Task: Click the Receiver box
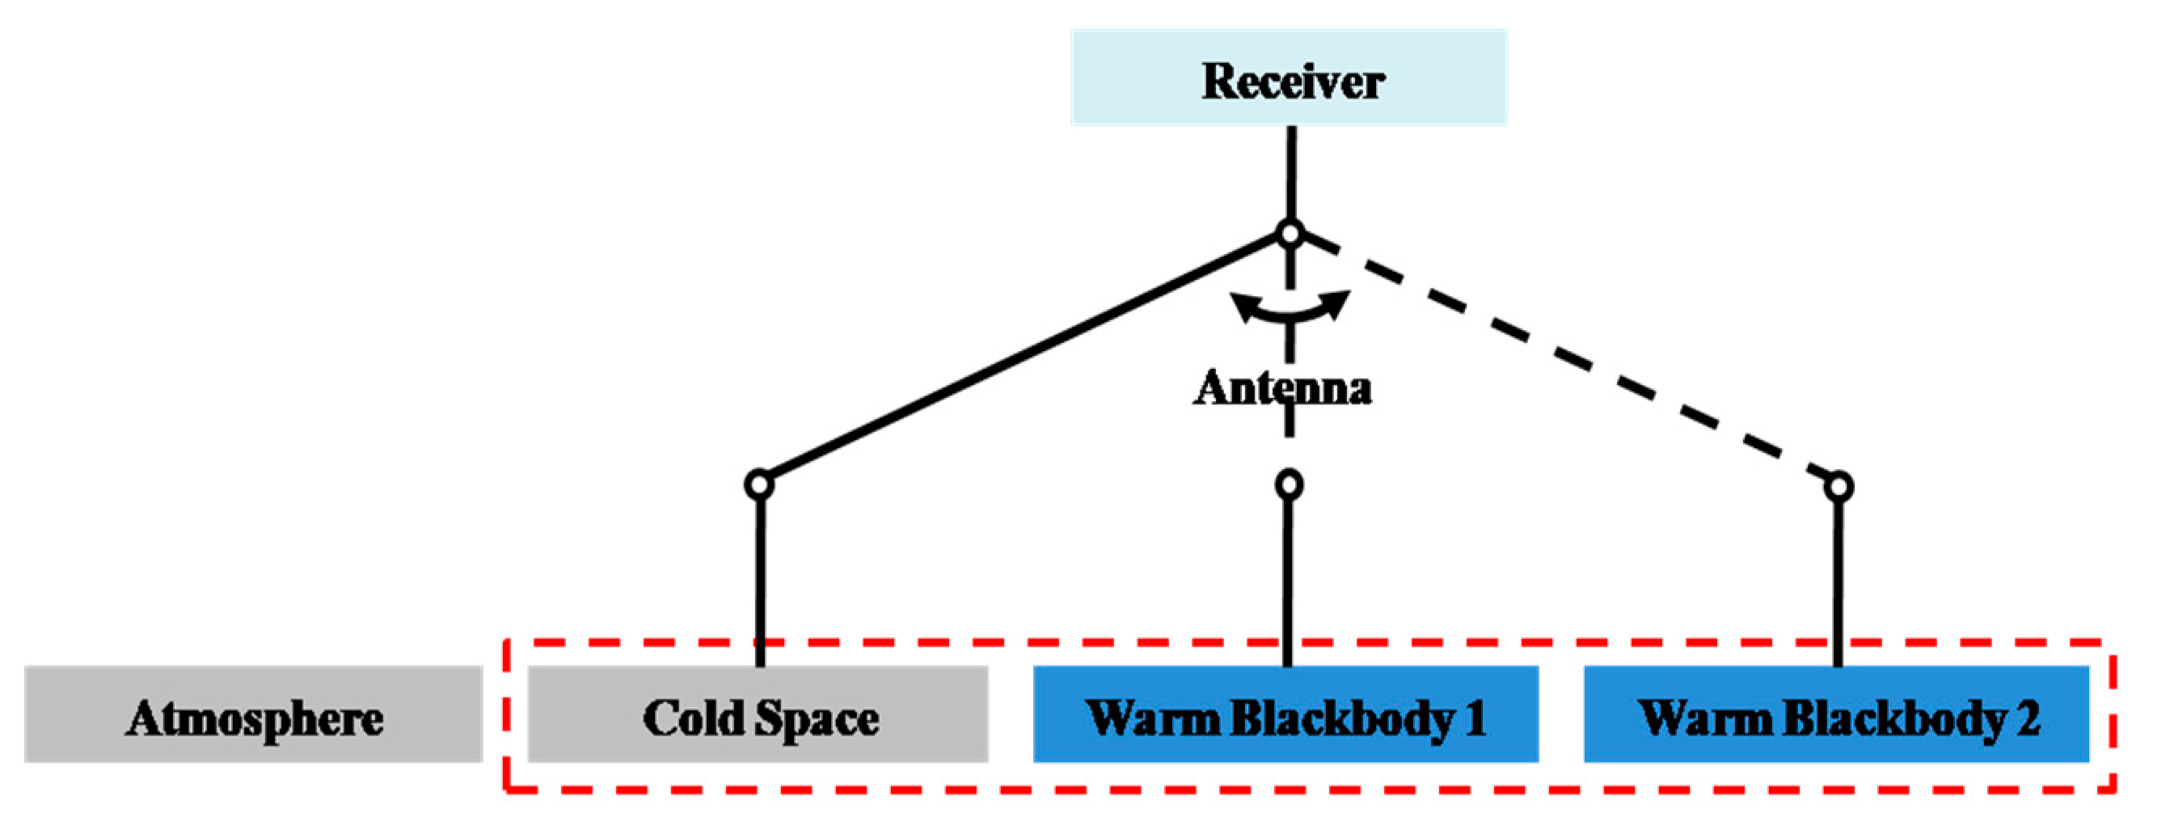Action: (1289, 78)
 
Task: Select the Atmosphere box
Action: (253, 715)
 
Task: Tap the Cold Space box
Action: (758, 715)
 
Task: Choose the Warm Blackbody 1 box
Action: (1286, 715)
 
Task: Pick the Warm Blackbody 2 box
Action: (1836, 715)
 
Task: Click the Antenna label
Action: (1282, 388)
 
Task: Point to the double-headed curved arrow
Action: (1290, 308)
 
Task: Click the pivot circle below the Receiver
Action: (1290, 234)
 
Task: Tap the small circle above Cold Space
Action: (759, 484)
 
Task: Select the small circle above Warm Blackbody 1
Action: (1289, 484)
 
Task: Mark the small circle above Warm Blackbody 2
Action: (1839, 487)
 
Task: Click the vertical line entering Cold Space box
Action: (760, 582)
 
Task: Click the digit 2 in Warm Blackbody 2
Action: (2029, 718)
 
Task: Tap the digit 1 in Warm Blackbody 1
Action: (1474, 718)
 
